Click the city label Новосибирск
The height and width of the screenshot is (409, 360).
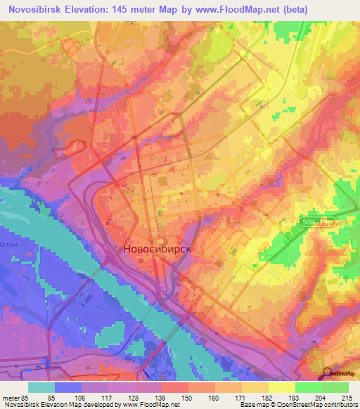point(157,249)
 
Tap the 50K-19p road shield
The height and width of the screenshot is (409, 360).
point(316,221)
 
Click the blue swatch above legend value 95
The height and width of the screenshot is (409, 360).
point(67,387)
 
